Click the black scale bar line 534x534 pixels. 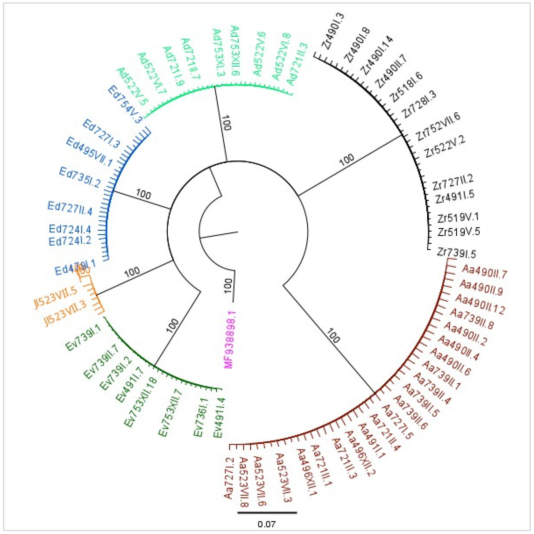click(x=267, y=513)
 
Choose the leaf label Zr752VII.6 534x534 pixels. click(x=438, y=127)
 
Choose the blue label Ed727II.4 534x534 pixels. click(x=70, y=208)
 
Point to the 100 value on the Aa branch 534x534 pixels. click(x=333, y=336)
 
